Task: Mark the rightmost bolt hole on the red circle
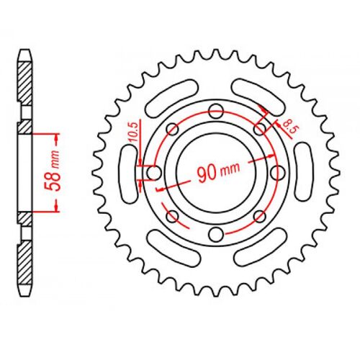tap(278, 173)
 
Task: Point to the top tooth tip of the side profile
tap(25, 52)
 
